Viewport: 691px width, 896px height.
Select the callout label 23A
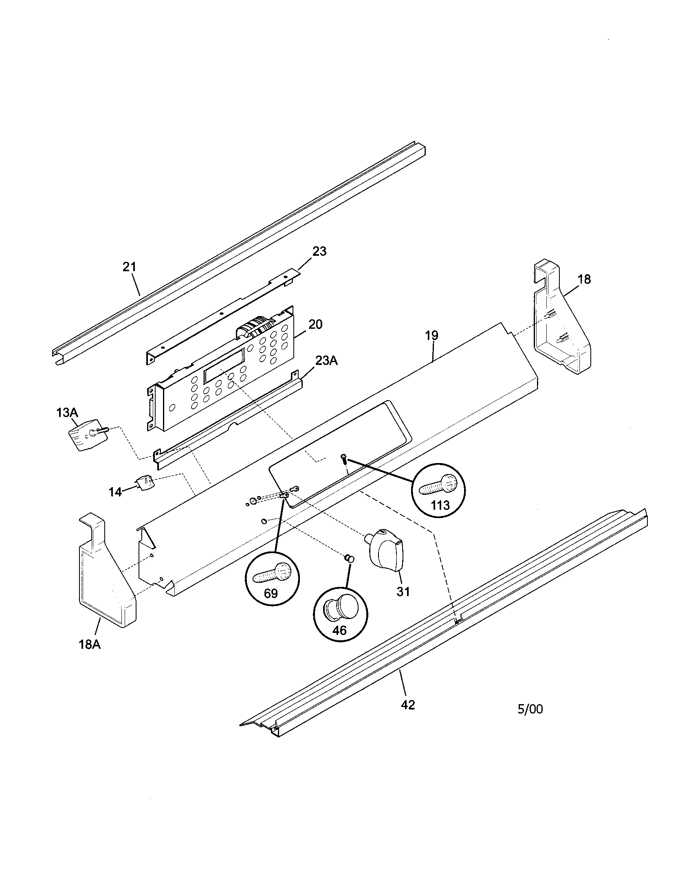point(326,360)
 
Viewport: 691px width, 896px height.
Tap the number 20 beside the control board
point(315,325)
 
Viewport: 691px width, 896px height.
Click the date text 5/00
point(530,709)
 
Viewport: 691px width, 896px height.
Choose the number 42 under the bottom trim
point(408,705)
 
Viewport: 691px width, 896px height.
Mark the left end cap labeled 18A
point(106,578)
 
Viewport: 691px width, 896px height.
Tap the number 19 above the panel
point(431,336)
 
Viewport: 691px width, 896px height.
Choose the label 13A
point(67,412)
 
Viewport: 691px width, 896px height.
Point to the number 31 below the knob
point(403,592)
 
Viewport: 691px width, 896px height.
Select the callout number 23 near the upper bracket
point(319,251)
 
